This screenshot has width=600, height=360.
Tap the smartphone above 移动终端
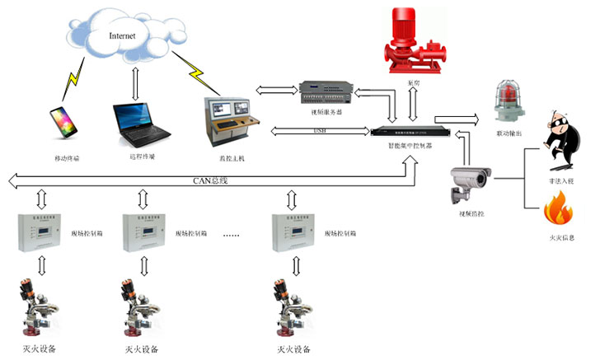tap(63, 121)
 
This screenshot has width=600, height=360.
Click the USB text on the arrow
tap(321, 130)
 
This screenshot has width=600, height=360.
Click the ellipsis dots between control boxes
tap(231, 236)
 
